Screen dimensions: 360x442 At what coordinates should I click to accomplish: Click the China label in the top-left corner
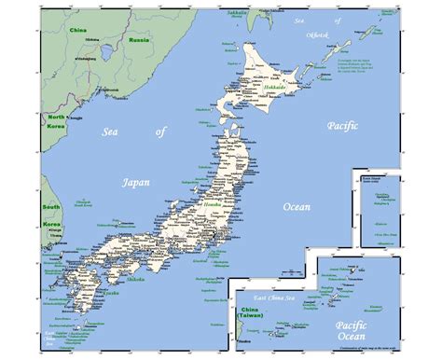(78, 30)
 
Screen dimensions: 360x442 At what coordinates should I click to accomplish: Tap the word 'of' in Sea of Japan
(159, 133)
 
